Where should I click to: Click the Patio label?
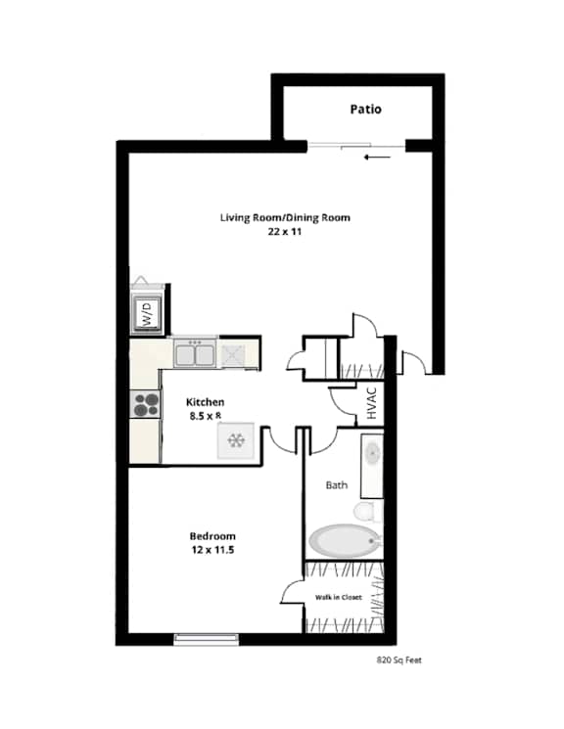(x=366, y=110)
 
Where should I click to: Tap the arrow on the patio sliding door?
(x=376, y=157)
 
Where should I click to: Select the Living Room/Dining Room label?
(x=285, y=217)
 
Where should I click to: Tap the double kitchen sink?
(x=195, y=352)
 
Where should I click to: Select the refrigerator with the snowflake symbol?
(x=235, y=442)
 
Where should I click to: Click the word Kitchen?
(x=207, y=402)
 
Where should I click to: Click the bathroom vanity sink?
(x=372, y=454)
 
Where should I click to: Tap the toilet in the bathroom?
(x=364, y=512)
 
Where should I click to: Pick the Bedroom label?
(x=212, y=536)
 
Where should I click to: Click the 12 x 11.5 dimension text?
(x=212, y=550)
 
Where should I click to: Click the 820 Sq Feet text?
(x=399, y=661)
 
